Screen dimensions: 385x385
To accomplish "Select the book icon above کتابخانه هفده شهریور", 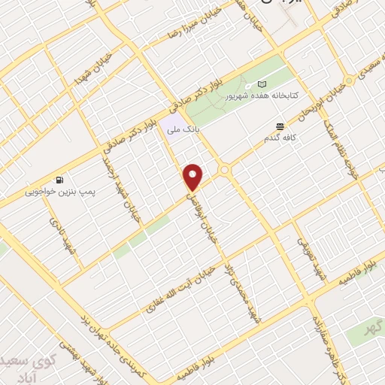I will pos(262,84).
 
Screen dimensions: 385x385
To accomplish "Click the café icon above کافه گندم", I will pos(280,126).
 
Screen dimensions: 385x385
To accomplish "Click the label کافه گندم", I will pos(280,138).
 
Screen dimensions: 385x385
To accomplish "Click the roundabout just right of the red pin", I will pos(224,171).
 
